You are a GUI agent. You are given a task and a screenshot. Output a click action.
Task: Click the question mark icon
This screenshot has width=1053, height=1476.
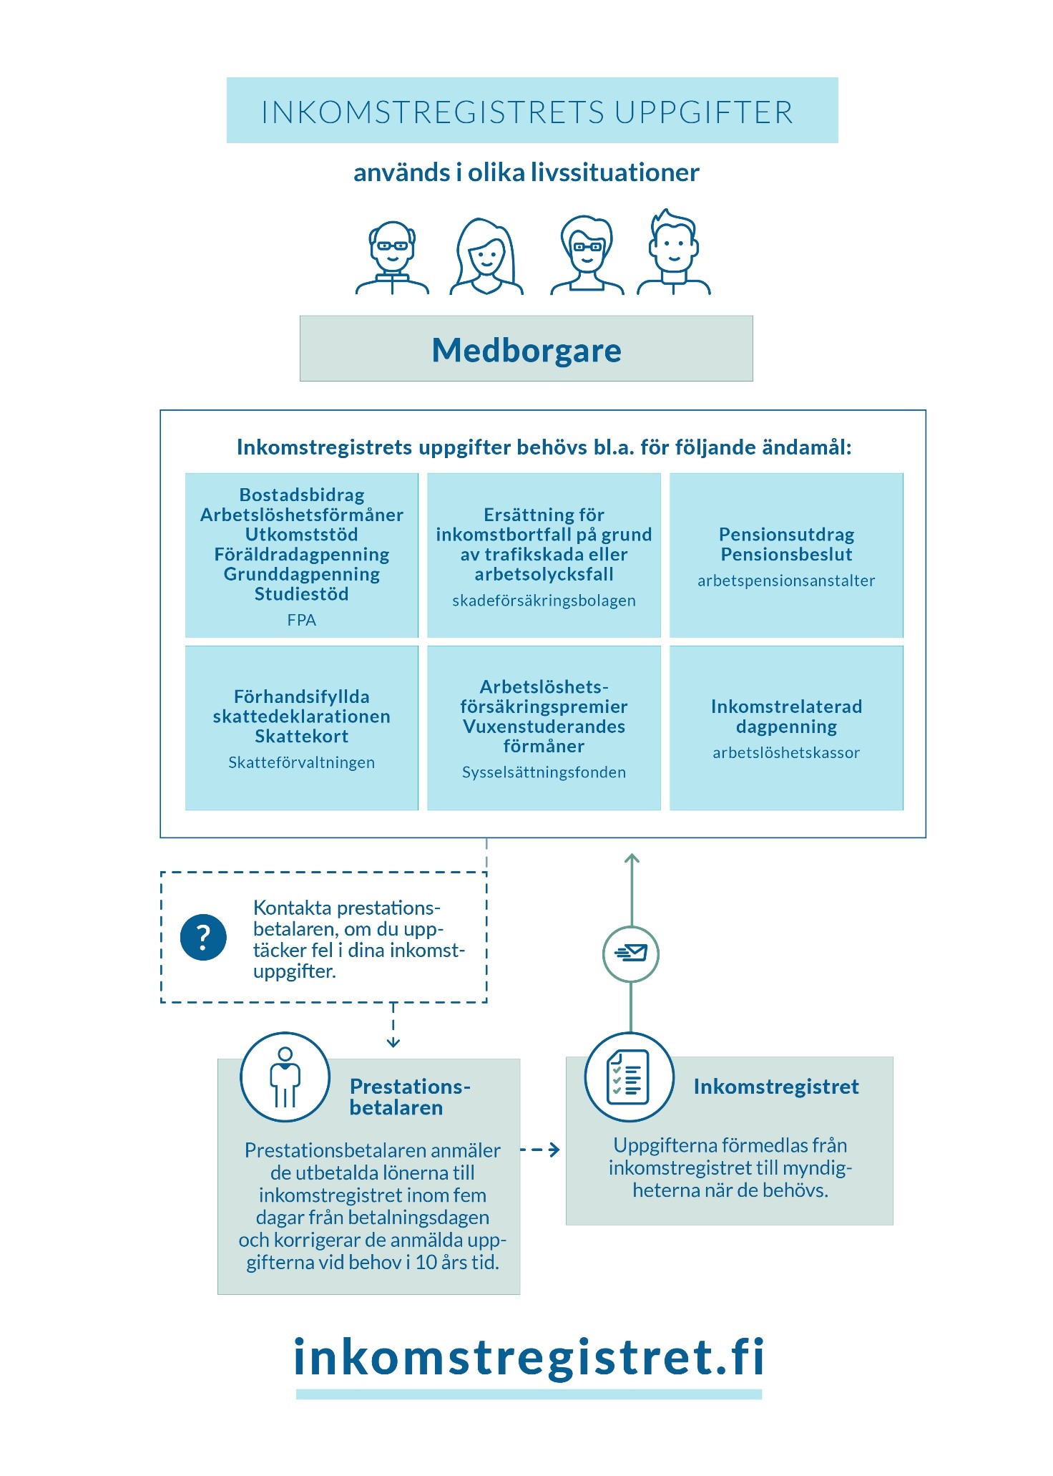pos(203,937)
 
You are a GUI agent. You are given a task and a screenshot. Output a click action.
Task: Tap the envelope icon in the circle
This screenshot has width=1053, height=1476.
pos(630,953)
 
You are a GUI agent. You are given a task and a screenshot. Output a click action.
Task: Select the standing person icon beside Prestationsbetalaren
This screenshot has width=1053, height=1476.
pos(285,1077)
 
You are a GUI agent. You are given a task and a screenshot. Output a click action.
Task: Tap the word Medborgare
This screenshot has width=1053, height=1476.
pos(526,350)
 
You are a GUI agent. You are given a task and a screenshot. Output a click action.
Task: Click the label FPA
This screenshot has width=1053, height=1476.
pos(301,620)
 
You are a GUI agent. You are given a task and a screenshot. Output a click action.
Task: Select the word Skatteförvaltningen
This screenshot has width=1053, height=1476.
pos(301,762)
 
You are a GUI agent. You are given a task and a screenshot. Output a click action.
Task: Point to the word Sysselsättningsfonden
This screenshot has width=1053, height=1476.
pos(544,772)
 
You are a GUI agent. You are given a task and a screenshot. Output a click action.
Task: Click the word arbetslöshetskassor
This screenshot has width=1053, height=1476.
pos(785,752)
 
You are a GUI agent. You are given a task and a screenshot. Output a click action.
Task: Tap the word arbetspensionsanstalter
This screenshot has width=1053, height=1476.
pos(786,581)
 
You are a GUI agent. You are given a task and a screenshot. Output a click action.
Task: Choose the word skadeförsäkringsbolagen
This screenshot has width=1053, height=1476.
pos(544,601)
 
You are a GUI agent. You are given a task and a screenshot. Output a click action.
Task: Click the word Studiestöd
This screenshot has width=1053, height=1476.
pos(301,594)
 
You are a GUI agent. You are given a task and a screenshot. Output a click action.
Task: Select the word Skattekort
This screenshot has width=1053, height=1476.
pos(301,737)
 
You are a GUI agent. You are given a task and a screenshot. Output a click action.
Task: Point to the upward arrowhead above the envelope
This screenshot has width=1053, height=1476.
pos(631,859)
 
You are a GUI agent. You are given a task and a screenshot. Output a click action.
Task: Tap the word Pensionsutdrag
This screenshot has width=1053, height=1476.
pos(786,535)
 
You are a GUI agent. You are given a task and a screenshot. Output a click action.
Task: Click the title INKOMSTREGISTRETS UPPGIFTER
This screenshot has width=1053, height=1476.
pos(527,112)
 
